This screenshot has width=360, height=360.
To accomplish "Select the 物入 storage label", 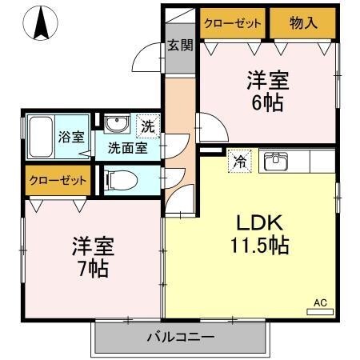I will pyautogui.click(x=303, y=23).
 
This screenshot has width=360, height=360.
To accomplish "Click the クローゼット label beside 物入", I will pyautogui.click(x=233, y=23).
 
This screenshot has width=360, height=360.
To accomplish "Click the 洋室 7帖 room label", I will pyautogui.click(x=90, y=254).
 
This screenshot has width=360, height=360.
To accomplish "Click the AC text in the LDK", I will pyautogui.click(x=320, y=302).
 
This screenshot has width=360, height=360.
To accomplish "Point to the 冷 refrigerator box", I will pyautogui.click(x=239, y=161).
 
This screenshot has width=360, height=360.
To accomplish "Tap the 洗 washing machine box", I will pyautogui.click(x=149, y=126).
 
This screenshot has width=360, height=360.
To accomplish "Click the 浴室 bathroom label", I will pyautogui.click(x=70, y=136).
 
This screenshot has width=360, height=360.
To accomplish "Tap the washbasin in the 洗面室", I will pyautogui.click(x=118, y=125).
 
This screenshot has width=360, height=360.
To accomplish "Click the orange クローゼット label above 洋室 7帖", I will pyautogui.click(x=58, y=181).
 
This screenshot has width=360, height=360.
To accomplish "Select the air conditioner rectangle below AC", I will pyautogui.click(x=320, y=311).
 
